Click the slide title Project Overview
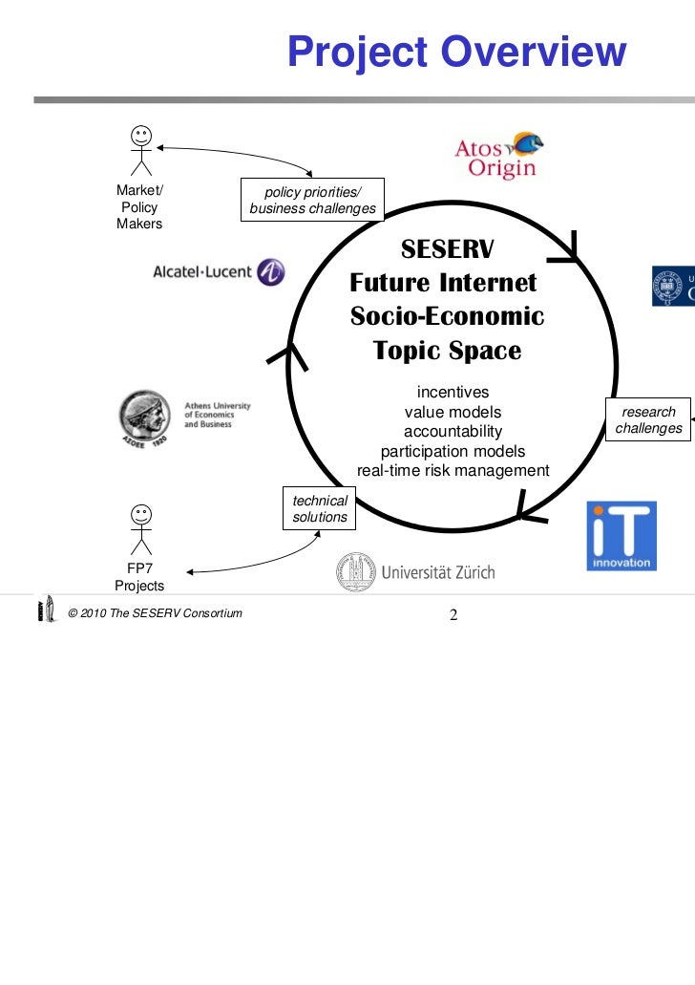pyautogui.click(x=456, y=53)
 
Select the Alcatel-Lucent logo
pyautogui.click(x=219, y=271)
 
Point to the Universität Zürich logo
pyautogui.click(x=415, y=572)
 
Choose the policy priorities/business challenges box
pyautogui.click(x=312, y=201)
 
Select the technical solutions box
pyautogui.click(x=320, y=508)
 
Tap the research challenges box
pyautogui.click(x=648, y=420)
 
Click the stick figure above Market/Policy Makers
pyautogui.click(x=140, y=149)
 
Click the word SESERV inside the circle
pyautogui.click(x=447, y=249)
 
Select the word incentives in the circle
pyautogui.click(x=453, y=393)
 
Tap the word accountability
pyautogui.click(x=453, y=432)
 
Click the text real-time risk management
pyautogui.click(x=453, y=470)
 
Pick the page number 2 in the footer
pyautogui.click(x=453, y=614)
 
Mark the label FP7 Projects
pyautogui.click(x=139, y=577)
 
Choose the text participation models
pyautogui.click(x=453, y=451)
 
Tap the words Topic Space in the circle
pyautogui.click(x=448, y=351)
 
